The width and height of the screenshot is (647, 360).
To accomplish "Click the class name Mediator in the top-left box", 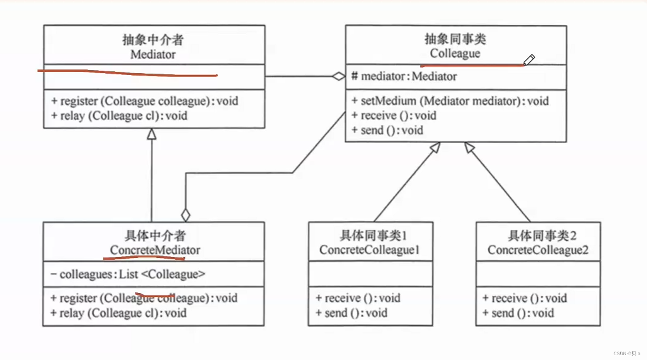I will (x=153, y=55).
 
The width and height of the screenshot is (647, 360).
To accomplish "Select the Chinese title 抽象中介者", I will (x=153, y=40).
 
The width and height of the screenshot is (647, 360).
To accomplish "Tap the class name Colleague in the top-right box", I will (x=455, y=54).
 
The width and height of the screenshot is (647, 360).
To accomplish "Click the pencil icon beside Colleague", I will (x=529, y=60).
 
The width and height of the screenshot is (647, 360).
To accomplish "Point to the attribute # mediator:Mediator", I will (x=404, y=77).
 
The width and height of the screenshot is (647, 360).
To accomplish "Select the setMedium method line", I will (x=450, y=101).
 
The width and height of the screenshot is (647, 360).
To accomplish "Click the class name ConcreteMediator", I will (x=155, y=250).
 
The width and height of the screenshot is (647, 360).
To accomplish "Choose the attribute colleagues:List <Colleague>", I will (x=128, y=274).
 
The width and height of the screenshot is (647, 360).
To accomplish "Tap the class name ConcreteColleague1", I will (x=370, y=250).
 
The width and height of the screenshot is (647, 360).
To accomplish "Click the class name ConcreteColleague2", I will (x=538, y=250).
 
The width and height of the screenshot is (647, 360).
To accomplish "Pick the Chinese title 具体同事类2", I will (x=538, y=235).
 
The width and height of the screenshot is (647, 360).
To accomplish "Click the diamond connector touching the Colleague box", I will (x=339, y=77).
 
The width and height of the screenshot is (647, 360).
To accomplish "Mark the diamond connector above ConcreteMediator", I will (x=186, y=215).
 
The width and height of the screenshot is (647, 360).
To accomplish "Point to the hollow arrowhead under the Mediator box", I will (x=152, y=133).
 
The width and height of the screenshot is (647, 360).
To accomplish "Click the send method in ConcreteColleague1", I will (x=351, y=313).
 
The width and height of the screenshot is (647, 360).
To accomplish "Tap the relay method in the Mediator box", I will (x=119, y=116).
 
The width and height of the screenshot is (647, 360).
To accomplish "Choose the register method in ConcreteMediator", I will (x=144, y=298).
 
